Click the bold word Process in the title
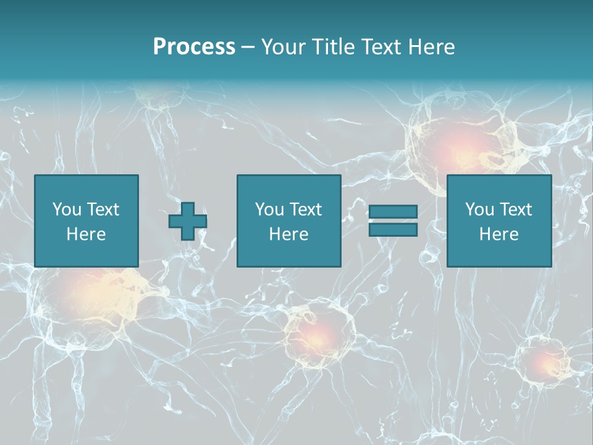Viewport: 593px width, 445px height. (x=194, y=47)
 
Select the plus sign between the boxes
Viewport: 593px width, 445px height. (x=188, y=221)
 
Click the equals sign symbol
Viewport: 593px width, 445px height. (x=393, y=221)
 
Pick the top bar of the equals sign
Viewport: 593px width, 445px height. (x=393, y=212)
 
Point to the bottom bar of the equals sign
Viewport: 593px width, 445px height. (x=393, y=229)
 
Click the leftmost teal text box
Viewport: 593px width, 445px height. (x=86, y=221)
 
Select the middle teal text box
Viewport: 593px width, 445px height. (x=288, y=221)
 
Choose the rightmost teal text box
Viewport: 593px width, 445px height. (x=498, y=221)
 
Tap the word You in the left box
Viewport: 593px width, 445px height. (x=67, y=210)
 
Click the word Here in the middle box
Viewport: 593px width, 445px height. (x=288, y=234)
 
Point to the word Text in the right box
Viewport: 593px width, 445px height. (x=516, y=210)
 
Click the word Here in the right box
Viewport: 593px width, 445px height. (x=498, y=234)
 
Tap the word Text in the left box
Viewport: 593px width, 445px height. (x=103, y=210)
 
